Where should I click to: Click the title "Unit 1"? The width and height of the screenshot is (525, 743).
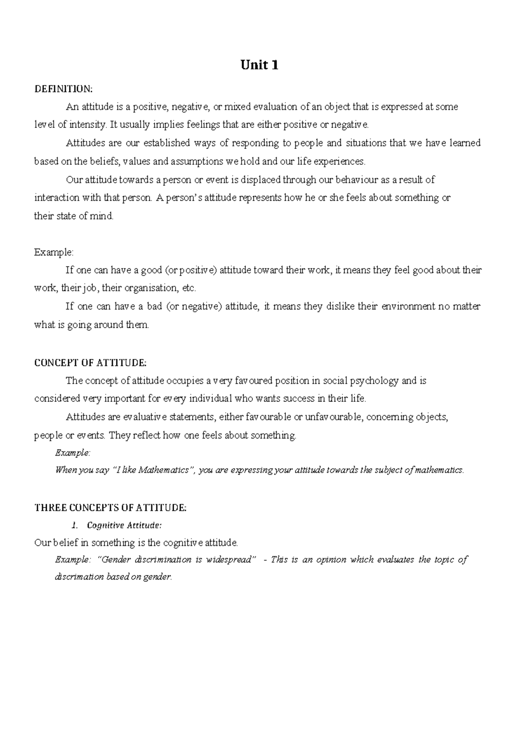click(259, 65)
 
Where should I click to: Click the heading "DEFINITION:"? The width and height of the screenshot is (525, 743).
click(63, 89)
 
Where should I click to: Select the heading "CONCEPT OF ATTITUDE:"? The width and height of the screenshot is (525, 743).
click(90, 363)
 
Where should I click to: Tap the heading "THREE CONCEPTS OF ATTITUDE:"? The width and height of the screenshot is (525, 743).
click(110, 508)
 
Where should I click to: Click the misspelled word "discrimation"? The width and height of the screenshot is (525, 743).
click(79, 577)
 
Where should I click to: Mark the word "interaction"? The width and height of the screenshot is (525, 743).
click(56, 198)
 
